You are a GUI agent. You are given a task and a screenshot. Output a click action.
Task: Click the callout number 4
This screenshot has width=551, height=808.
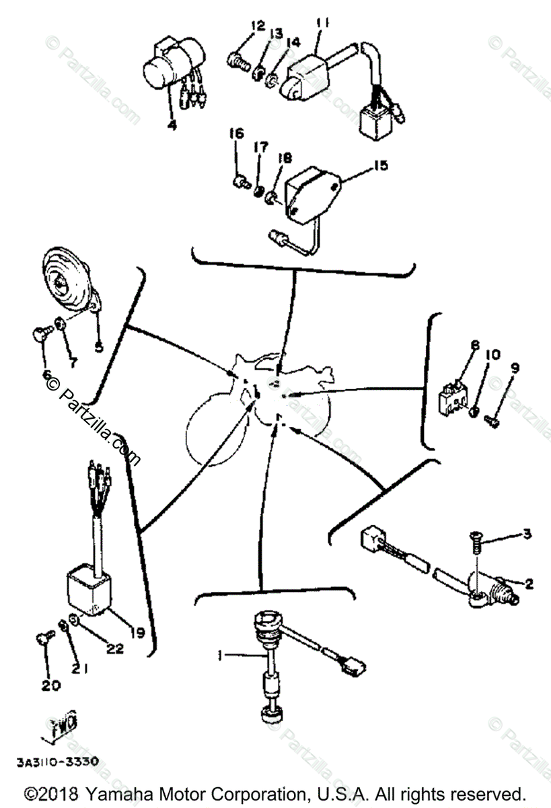pyautogui.click(x=172, y=125)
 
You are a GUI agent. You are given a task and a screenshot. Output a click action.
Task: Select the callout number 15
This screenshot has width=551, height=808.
pyautogui.click(x=380, y=165)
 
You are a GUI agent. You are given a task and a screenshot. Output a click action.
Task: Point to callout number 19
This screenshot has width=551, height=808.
pyautogui.click(x=137, y=632)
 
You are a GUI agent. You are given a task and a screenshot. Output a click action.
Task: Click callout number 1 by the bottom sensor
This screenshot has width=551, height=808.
pyautogui.click(x=219, y=654)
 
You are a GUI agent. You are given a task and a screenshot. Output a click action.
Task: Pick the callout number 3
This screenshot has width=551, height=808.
pyautogui.click(x=527, y=534)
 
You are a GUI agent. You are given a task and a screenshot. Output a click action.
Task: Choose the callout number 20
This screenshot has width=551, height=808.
pyautogui.click(x=51, y=685)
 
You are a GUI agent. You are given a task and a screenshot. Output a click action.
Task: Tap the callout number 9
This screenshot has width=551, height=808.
pyautogui.click(x=515, y=368)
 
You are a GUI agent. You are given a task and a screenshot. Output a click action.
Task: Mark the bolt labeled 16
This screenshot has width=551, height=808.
pyautogui.click(x=239, y=180)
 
